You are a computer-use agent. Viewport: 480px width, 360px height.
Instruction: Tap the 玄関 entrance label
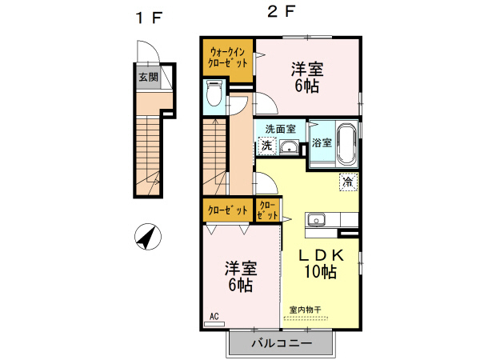(x=147, y=78)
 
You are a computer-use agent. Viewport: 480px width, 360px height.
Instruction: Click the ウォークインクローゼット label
(x=228, y=58)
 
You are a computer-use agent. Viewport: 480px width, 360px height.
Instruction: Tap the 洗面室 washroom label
(x=280, y=128)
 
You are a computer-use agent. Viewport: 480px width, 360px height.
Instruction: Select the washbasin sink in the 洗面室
(x=289, y=147)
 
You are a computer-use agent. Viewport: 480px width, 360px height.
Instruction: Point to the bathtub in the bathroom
(x=346, y=142)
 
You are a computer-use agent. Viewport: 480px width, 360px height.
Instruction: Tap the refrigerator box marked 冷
(x=348, y=181)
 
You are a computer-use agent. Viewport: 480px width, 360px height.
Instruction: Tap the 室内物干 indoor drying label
(x=305, y=310)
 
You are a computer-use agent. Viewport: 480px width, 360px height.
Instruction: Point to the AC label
(x=214, y=317)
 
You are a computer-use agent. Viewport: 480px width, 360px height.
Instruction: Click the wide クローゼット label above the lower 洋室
(x=227, y=210)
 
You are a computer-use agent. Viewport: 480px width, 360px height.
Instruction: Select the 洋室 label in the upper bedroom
(x=306, y=69)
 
